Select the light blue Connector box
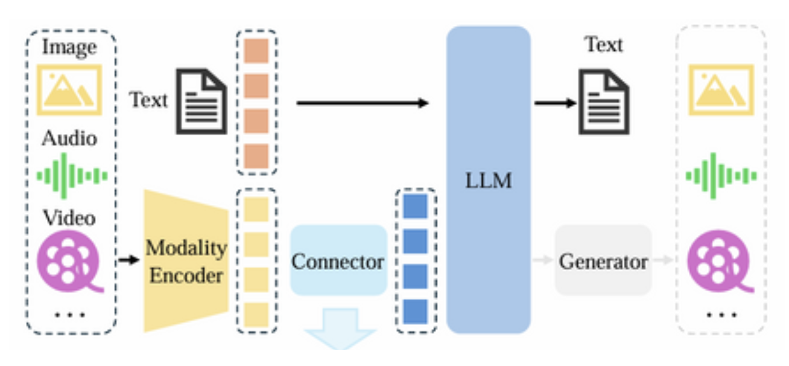338,261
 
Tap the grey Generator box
603,261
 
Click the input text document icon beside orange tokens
200,101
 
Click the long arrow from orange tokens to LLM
362,103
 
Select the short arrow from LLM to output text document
555,103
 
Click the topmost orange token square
256,51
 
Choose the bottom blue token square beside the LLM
415,310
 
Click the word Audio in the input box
69,138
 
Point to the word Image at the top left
69,48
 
